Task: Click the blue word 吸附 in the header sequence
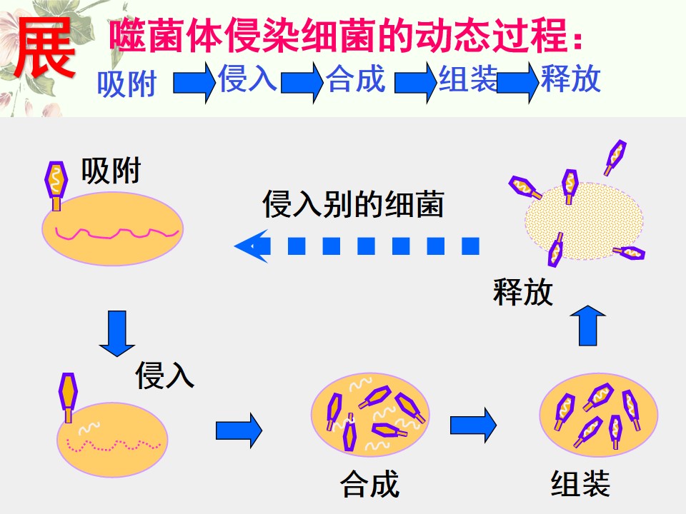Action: (x=127, y=84)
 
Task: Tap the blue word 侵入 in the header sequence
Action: (x=247, y=79)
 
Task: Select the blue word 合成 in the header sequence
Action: (x=356, y=79)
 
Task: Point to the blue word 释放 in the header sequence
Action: (x=570, y=79)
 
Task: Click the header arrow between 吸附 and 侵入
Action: (x=194, y=82)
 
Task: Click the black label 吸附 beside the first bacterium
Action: (x=111, y=171)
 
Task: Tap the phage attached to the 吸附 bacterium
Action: (x=56, y=186)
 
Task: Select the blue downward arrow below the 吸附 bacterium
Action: (x=116, y=334)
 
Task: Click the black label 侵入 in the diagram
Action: (x=164, y=375)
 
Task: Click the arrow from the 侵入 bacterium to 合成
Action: (x=239, y=430)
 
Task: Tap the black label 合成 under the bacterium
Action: (x=369, y=484)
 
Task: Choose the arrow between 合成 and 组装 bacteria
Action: (x=473, y=425)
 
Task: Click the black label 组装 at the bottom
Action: (x=580, y=484)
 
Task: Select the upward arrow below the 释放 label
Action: (x=588, y=326)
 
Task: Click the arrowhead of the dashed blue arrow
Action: (x=252, y=246)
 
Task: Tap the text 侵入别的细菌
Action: (x=353, y=204)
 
